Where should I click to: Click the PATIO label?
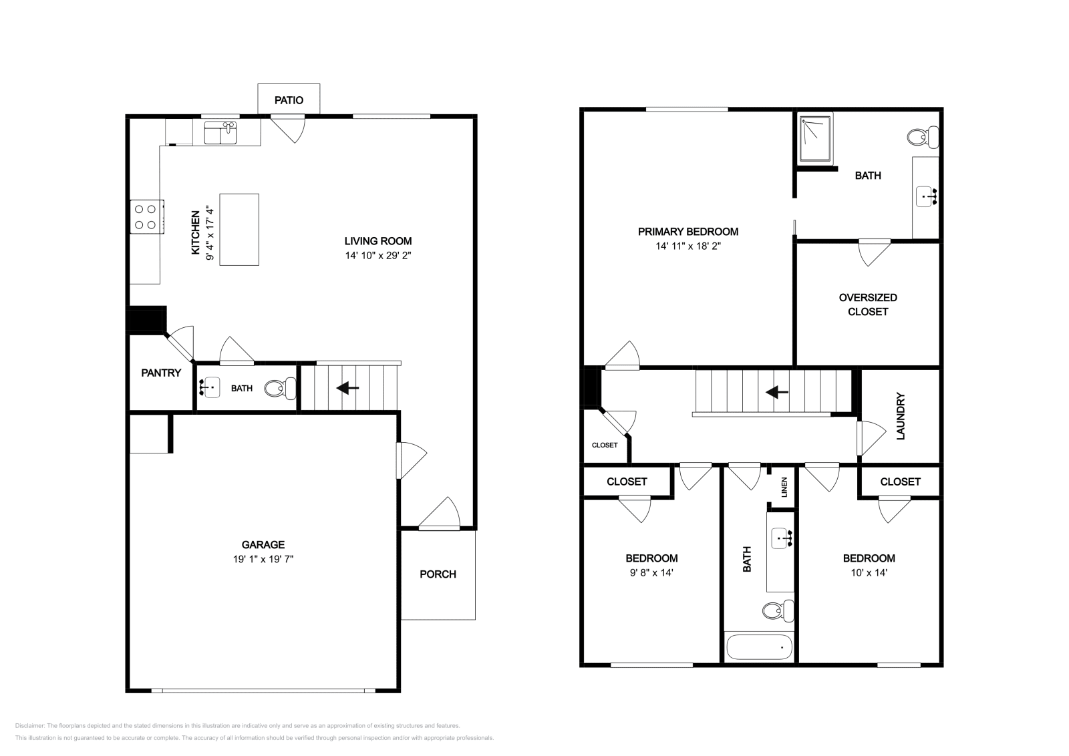pos(289,100)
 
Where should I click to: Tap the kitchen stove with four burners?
pos(147,216)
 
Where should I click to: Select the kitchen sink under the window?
pos(220,133)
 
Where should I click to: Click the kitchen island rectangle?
pos(239,230)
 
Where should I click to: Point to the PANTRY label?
pos(161,373)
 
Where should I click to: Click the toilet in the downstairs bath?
pos(280,388)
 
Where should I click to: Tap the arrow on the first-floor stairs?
pos(347,388)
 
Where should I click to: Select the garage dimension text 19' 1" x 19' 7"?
pos(263,559)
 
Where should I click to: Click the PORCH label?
pos(438,574)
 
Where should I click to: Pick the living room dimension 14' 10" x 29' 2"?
pos(378,256)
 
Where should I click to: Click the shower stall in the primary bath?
pos(816,138)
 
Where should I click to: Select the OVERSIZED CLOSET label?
pos(868,305)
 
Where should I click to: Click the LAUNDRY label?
pos(901,415)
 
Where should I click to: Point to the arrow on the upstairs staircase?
pos(777,392)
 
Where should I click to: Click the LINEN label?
pos(784,487)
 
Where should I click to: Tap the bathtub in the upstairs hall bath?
pos(759,646)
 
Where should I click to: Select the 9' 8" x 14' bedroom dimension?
pos(651,572)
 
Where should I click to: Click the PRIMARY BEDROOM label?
pos(688,232)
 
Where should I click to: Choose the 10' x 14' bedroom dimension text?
pos(869,572)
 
